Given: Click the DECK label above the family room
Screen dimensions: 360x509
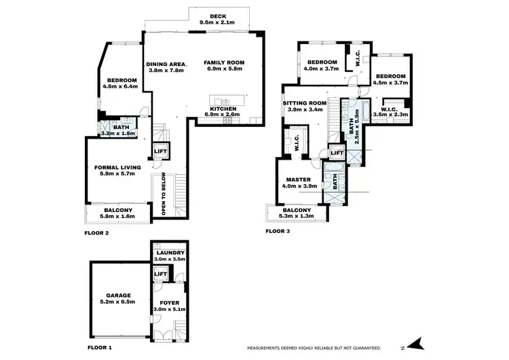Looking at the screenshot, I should click(x=217, y=19).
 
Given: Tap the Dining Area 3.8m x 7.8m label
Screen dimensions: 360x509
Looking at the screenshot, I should click(x=166, y=67).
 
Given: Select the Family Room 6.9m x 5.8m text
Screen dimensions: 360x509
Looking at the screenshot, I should click(x=224, y=66).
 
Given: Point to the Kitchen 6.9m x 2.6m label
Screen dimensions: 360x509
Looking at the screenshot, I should click(x=223, y=111).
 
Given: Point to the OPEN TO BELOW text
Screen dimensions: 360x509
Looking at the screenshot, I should click(x=164, y=195).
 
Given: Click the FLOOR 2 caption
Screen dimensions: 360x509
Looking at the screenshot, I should click(x=97, y=233).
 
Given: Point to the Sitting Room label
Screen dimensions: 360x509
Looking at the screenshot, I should click(x=304, y=106).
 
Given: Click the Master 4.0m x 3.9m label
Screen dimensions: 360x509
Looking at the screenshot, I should click(x=299, y=183).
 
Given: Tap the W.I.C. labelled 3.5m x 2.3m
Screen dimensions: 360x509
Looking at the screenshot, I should click(x=389, y=112).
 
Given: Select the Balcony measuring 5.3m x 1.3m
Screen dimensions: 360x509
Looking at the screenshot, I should click(x=299, y=213).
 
